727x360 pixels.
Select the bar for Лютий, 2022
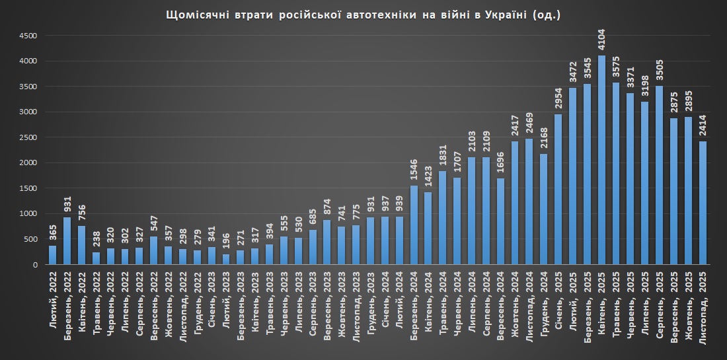pyautogui.click(x=52, y=255)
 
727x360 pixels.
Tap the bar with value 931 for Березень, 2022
pyautogui.click(x=67, y=240)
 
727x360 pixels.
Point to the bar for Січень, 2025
pyautogui.click(x=558, y=189)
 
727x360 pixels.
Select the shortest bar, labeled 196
pyautogui.click(x=226, y=259)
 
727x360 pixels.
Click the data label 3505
pyautogui.click(x=660, y=69)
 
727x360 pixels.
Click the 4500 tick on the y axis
pyautogui.click(x=30, y=36)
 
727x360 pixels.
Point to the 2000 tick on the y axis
pyautogui.click(x=30, y=162)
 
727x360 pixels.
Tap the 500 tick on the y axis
pyautogui.click(x=33, y=239)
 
